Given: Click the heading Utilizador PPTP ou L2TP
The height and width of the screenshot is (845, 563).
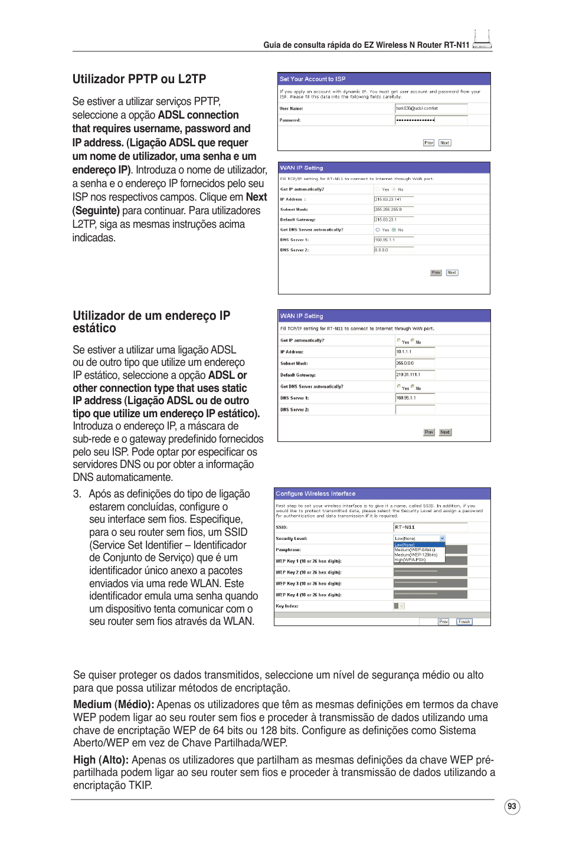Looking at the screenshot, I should (139, 79).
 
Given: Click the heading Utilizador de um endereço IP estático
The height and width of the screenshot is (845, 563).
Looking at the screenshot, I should (151, 322).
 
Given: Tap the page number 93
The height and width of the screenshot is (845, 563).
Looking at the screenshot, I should (512, 807).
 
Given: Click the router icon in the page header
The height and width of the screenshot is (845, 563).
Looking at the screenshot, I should (482, 40).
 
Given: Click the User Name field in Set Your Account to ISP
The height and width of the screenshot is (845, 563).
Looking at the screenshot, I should (431, 109).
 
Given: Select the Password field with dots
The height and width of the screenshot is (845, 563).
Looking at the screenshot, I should (431, 120).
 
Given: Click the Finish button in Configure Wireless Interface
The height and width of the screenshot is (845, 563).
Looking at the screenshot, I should (464, 621).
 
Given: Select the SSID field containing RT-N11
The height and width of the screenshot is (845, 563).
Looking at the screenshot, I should (430, 527).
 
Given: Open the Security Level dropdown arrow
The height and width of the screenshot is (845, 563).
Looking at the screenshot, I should (442, 538).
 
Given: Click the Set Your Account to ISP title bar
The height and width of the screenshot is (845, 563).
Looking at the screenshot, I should (384, 78).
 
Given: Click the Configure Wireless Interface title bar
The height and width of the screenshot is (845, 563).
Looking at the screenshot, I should (382, 493).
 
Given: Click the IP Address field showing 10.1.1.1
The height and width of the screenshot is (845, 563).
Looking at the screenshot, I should (415, 352).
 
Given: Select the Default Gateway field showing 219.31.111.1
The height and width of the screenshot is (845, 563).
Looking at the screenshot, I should (415, 375).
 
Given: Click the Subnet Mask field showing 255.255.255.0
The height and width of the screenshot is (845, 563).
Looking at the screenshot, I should (394, 209).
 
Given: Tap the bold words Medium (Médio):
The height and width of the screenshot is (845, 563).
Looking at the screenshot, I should (113, 705).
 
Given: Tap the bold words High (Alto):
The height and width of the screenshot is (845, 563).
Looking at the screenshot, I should (100, 760).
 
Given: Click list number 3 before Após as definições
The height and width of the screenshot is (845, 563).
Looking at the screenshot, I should (77, 494).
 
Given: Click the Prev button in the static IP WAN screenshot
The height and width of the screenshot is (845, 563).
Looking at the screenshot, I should (429, 432).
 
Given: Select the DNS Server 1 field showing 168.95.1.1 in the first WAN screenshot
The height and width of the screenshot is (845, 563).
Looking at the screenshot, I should (394, 240).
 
